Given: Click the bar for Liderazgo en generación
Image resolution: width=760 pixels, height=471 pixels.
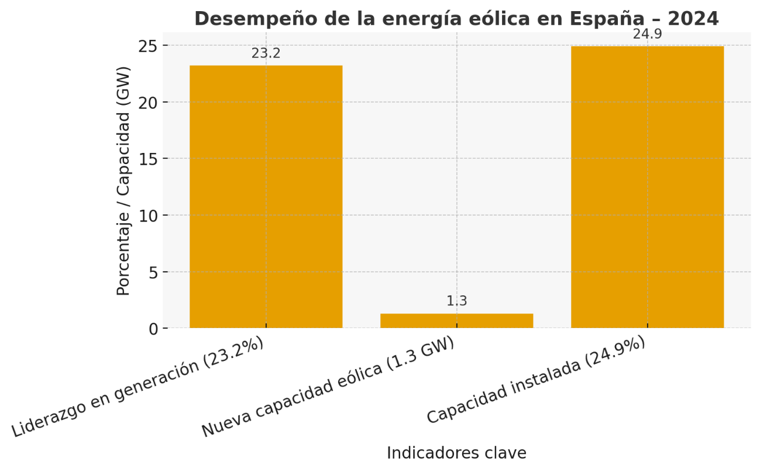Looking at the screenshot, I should [x=266, y=196].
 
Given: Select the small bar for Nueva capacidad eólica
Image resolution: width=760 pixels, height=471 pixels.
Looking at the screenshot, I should [x=456, y=320].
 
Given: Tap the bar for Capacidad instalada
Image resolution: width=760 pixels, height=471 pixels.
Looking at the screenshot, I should [x=647, y=187].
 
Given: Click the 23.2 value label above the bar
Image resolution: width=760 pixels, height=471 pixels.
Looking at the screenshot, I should [x=266, y=53].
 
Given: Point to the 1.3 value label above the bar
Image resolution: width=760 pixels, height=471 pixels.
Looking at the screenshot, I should [x=456, y=301].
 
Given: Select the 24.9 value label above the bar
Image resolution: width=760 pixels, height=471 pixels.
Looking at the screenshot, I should [x=647, y=34].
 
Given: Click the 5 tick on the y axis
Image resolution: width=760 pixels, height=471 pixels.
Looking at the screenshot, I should [x=154, y=272].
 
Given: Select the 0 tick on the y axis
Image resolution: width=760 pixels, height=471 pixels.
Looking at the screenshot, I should [x=154, y=329].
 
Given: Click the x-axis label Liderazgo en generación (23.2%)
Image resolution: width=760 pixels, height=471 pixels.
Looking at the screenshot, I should [x=137, y=387].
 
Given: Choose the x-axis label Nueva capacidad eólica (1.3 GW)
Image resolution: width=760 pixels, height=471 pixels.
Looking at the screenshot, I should [x=328, y=388].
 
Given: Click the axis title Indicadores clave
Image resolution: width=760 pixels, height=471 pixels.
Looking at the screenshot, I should [x=456, y=453].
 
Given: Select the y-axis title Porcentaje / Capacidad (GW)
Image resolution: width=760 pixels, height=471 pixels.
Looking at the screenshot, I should [x=123, y=180].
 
